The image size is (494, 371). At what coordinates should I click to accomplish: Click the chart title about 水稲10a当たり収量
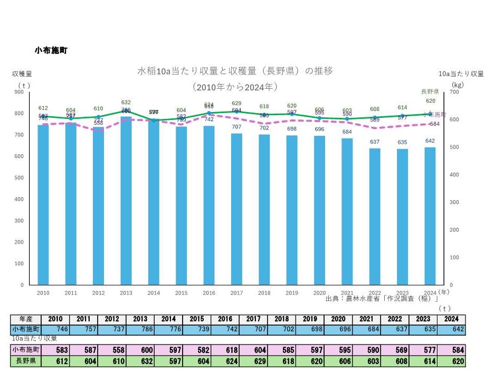[x=235, y=71]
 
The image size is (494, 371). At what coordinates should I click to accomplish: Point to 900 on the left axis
[x=19, y=92]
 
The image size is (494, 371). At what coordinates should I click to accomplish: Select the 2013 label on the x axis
[x=126, y=293]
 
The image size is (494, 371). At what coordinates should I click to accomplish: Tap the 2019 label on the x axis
[x=292, y=293]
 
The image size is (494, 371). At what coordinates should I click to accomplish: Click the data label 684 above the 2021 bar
[x=347, y=132]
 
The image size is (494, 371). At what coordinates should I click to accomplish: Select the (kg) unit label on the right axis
[x=457, y=84]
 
